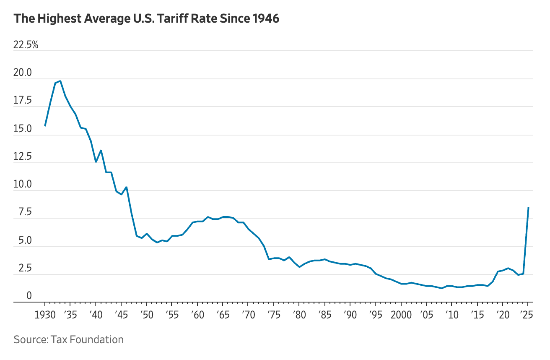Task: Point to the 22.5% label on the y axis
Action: click(26, 45)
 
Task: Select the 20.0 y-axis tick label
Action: click(23, 73)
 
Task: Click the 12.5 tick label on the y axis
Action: click(23, 157)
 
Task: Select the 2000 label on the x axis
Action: click(401, 315)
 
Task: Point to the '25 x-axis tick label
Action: click(527, 315)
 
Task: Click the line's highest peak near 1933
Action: click(60, 81)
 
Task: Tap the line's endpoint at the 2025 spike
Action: click(528, 208)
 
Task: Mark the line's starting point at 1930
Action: click(45, 126)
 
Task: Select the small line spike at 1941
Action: click(101, 150)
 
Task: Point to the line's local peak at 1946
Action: click(126, 187)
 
